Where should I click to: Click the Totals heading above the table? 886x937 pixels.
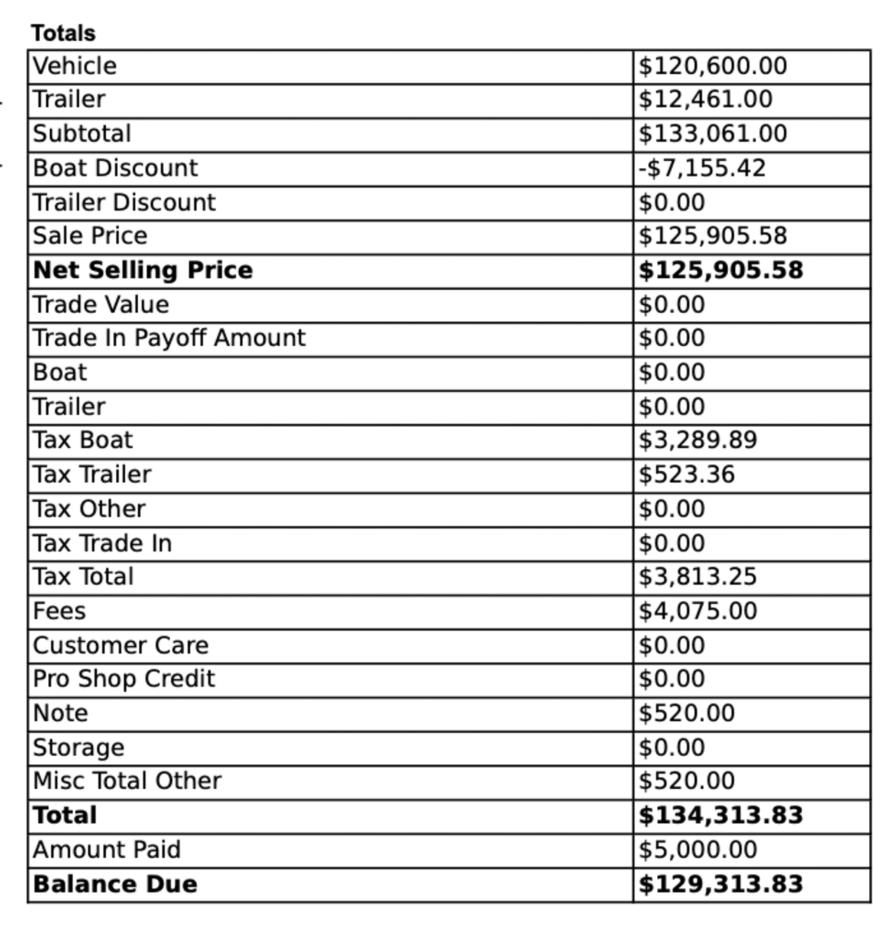(x=63, y=33)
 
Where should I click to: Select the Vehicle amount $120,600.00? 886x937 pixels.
(x=712, y=66)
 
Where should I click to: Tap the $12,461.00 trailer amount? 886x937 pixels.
(x=705, y=100)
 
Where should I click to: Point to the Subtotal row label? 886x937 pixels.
(x=82, y=134)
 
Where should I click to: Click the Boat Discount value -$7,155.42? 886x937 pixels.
(x=702, y=168)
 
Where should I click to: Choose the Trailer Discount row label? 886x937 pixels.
(x=124, y=203)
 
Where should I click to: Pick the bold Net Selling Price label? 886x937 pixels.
(x=143, y=271)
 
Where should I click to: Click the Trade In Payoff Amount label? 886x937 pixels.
(x=170, y=339)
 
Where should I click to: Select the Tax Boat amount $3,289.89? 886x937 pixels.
(x=698, y=441)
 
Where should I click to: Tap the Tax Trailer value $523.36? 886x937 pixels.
(x=686, y=475)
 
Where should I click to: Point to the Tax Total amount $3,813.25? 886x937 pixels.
(x=698, y=577)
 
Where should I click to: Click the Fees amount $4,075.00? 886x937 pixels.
(x=698, y=611)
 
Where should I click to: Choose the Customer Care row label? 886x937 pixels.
(x=120, y=646)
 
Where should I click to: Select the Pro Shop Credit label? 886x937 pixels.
(x=124, y=679)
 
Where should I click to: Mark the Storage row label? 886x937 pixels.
(x=79, y=748)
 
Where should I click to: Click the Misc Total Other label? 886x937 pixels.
(x=127, y=781)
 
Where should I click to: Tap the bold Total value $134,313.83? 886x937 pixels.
(x=721, y=816)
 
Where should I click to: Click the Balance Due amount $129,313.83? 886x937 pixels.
(x=721, y=884)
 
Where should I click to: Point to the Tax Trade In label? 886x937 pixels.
(x=102, y=544)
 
